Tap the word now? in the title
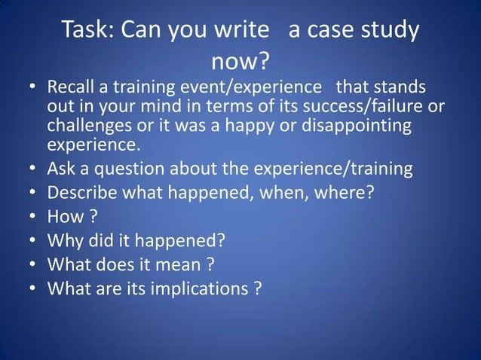240,60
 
